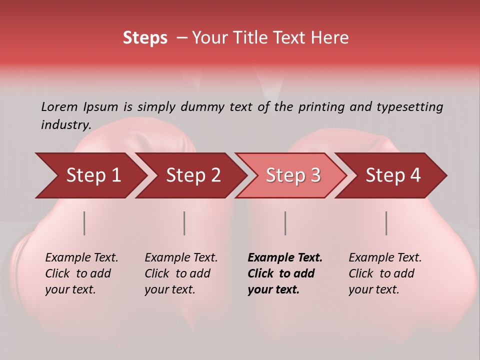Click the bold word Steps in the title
pyautogui.click(x=145, y=38)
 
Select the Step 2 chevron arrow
pyautogui.click(x=193, y=175)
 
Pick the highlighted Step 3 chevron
pyautogui.click(x=293, y=175)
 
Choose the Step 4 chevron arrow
pyautogui.click(x=393, y=175)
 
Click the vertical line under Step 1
pyautogui.click(x=84, y=223)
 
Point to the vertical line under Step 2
pyautogui.click(x=184, y=223)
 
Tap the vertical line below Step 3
pyautogui.click(x=285, y=223)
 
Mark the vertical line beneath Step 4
pyautogui.click(x=386, y=223)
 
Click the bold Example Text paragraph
pyautogui.click(x=285, y=273)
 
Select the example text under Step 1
pyautogui.click(x=81, y=273)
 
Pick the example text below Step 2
pyautogui.click(x=181, y=273)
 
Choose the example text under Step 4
pyautogui.click(x=385, y=273)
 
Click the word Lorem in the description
pyautogui.click(x=59, y=106)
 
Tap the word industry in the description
pyautogui.click(x=65, y=125)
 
